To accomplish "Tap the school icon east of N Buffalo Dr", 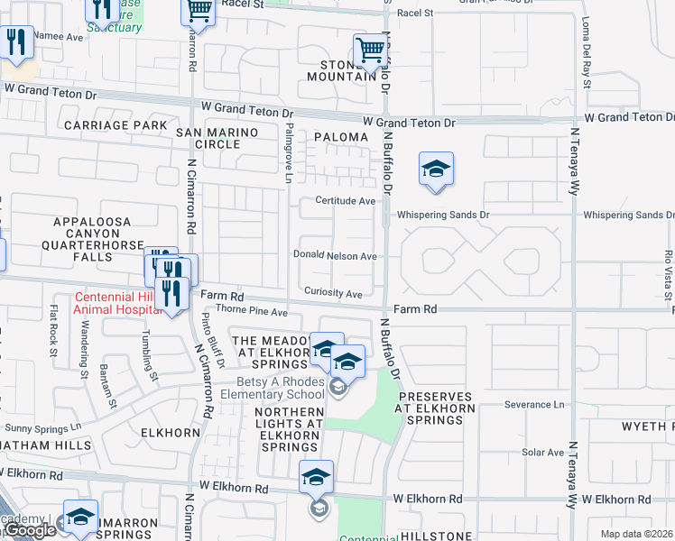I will tap(436, 169).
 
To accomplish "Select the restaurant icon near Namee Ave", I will tap(15, 41).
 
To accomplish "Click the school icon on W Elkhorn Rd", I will tap(316, 477).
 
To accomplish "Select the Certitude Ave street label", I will tap(345, 201).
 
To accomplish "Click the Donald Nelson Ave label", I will tap(335, 256).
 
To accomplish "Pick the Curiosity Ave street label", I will tap(333, 294).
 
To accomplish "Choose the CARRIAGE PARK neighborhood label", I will tap(116, 124).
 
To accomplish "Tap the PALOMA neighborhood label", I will tap(341, 137).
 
